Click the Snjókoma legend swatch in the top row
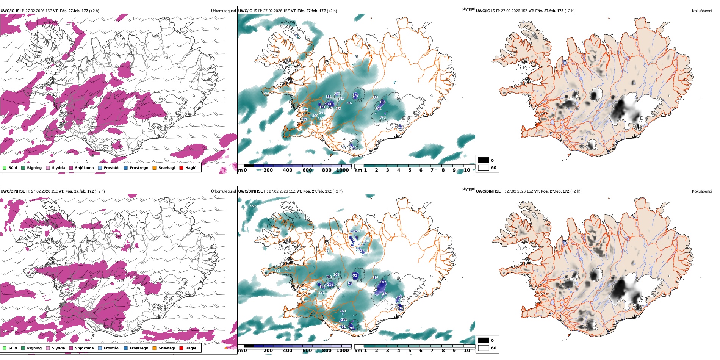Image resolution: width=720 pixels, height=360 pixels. coord(71,168)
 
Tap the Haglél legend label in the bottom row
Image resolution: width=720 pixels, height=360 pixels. coord(191,348)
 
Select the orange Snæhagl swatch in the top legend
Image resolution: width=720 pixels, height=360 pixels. coord(154,168)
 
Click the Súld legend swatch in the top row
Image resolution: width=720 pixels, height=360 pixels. coord(5,168)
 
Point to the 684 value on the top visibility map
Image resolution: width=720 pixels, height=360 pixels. coord(266,93)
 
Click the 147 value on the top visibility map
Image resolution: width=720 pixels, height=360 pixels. coord(355,95)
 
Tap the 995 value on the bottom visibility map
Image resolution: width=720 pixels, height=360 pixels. coord(254,206)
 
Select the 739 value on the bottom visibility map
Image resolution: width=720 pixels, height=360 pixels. coord(287,269)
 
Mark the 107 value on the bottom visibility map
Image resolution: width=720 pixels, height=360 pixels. coord(383,282)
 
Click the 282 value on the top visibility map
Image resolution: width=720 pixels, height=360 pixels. coord(375,98)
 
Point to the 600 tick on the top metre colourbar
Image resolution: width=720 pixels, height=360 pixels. coord(307,170)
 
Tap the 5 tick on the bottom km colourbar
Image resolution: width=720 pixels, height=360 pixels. coord(410,351)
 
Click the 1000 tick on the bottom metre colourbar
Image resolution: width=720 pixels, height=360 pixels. coord(343,351)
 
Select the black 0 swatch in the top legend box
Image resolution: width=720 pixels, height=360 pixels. coord(484,160)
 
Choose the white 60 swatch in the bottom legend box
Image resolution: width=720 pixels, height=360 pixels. coord(484,348)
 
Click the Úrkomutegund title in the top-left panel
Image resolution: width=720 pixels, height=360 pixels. coord(223,11)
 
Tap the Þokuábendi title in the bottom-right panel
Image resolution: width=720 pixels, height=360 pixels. coord(702,191)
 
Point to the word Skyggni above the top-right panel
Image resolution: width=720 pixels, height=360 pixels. coord(468,9)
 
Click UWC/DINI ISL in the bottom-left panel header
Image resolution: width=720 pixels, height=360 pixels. coord(13,191)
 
